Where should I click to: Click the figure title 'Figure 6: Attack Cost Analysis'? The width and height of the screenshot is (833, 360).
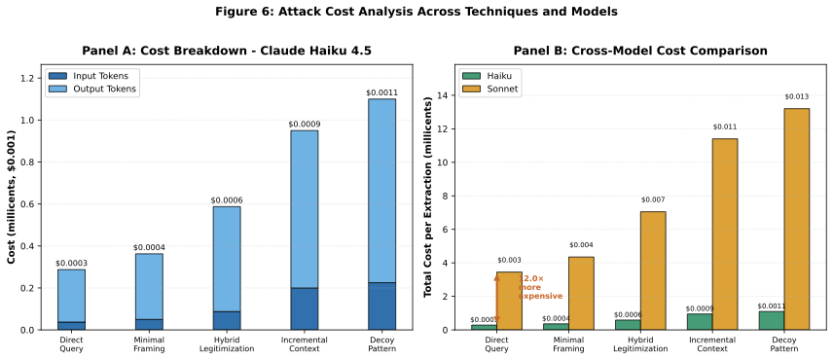[416, 13]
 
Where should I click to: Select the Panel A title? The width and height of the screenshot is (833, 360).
[226, 51]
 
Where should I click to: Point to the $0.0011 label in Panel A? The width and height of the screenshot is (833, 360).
[381, 92]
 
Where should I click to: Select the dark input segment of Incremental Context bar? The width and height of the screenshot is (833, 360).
[304, 308]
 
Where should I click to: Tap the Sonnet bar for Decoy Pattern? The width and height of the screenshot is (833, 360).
[797, 219]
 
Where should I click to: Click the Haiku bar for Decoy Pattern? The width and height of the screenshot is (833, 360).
[772, 320]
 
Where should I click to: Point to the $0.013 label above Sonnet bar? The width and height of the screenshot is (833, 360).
[797, 96]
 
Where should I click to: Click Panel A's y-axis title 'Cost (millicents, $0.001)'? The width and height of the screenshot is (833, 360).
[12, 198]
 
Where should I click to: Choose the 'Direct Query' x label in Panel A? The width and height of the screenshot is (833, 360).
[70, 343]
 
